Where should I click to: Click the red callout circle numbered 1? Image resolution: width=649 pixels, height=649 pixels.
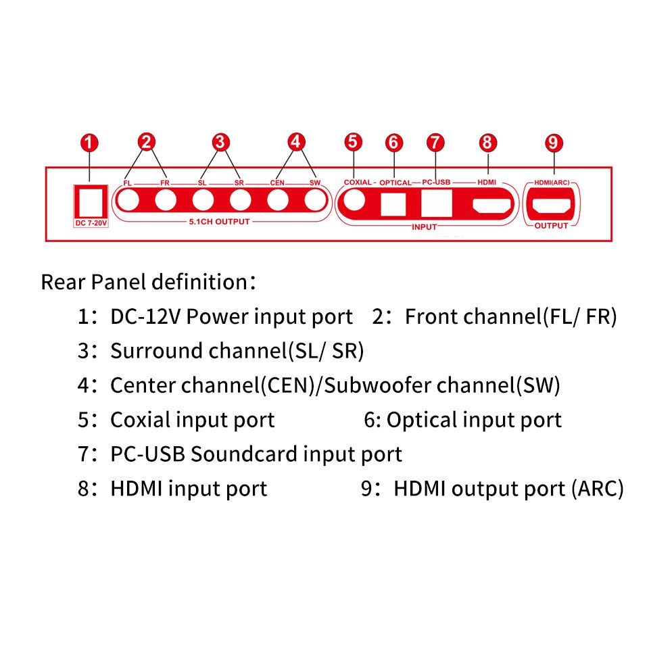click(x=90, y=143)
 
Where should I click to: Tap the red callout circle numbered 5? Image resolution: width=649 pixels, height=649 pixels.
click(x=353, y=142)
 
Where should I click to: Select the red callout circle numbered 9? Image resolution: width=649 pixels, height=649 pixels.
click(x=554, y=143)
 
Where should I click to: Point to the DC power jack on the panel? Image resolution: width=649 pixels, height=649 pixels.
click(x=90, y=201)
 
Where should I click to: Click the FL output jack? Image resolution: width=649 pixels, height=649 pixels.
click(x=128, y=201)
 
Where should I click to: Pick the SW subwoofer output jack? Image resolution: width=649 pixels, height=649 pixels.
click(x=315, y=201)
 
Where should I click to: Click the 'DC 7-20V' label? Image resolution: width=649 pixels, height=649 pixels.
click(x=90, y=222)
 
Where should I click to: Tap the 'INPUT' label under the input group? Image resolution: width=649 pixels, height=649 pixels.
click(x=424, y=227)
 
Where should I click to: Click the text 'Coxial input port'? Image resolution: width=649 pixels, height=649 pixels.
click(x=193, y=420)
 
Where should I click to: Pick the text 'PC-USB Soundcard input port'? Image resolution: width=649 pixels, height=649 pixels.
click(x=256, y=454)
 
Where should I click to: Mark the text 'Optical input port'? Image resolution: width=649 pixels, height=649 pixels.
click(x=473, y=420)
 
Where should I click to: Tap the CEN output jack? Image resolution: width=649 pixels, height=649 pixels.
click(x=278, y=201)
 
